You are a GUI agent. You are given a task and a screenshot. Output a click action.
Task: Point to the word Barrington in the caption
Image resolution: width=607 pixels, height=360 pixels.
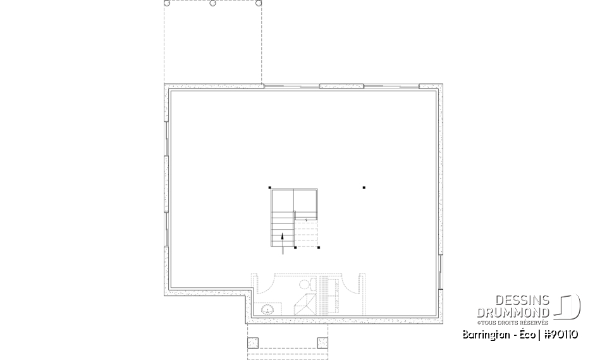tap(483, 334)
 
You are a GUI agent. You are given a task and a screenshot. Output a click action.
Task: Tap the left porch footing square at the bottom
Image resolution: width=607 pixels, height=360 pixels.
tap(253, 343)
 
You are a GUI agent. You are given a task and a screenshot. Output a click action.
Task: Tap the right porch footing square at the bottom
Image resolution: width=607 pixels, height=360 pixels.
tap(322, 343)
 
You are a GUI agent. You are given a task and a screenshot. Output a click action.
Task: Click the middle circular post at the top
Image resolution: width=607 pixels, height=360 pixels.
tap(212, 3)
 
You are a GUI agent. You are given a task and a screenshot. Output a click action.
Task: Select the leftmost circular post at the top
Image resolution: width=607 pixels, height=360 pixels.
tap(167, 3)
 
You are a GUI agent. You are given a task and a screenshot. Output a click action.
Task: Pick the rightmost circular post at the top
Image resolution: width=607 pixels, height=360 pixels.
tap(259, 3)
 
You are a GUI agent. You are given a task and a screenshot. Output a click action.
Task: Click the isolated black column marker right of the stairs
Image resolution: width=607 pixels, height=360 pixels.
tap(364, 187)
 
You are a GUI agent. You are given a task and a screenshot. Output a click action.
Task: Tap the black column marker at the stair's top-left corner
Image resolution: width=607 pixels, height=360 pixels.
tap(270, 187)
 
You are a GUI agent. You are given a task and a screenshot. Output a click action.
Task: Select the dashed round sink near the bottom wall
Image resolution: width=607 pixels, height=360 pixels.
tap(268, 309)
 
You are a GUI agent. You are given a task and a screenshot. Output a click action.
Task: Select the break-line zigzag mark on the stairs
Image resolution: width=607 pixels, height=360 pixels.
tap(307, 220)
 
